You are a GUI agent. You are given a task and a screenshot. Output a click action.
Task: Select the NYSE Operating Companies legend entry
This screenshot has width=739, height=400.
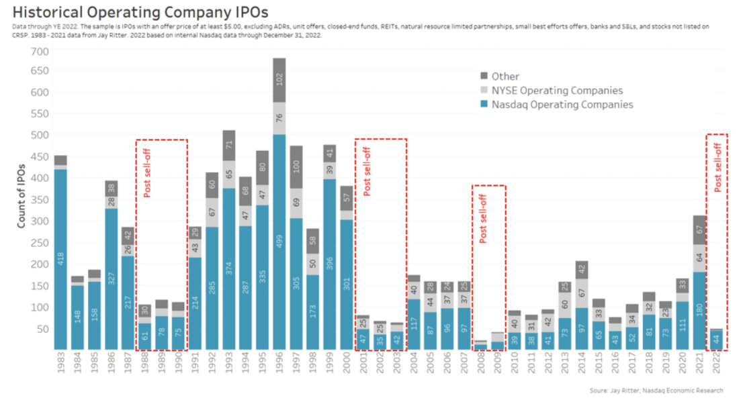coord(557,91)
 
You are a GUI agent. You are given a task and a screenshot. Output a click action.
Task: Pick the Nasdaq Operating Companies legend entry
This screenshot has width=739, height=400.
coord(562,105)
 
